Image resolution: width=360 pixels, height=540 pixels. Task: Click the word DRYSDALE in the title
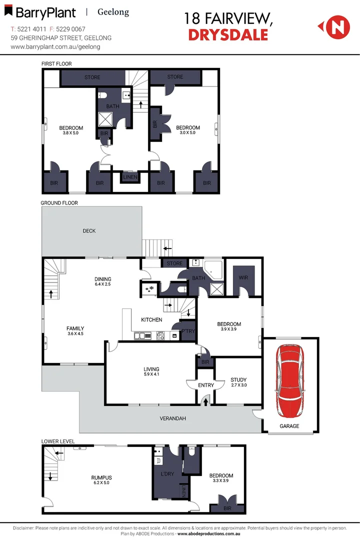tap(228, 34)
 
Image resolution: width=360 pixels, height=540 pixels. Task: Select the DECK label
tap(89, 231)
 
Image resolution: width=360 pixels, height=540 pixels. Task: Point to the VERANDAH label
tap(173, 418)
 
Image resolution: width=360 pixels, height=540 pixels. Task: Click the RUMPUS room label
tap(101, 477)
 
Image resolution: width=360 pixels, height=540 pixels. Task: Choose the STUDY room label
tap(238, 379)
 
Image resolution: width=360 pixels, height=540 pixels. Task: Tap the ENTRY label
tap(205, 385)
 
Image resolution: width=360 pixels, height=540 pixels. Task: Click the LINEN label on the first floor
tap(130, 177)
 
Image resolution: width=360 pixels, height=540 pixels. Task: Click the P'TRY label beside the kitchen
tap(188, 332)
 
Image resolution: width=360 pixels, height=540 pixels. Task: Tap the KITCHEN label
tap(151, 319)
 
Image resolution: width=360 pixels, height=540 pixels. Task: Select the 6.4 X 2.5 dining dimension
tap(103, 285)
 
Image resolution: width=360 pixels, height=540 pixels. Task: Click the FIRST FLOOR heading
tap(56, 64)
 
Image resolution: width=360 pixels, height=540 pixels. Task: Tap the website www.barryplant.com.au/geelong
tap(55, 46)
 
